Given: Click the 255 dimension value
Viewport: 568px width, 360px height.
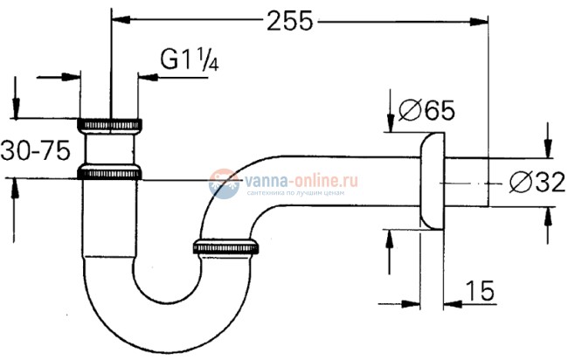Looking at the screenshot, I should click(x=288, y=22).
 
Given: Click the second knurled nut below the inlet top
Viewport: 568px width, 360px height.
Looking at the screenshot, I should click(x=110, y=171).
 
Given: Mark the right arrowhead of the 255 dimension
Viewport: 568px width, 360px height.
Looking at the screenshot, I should click(x=479, y=17).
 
